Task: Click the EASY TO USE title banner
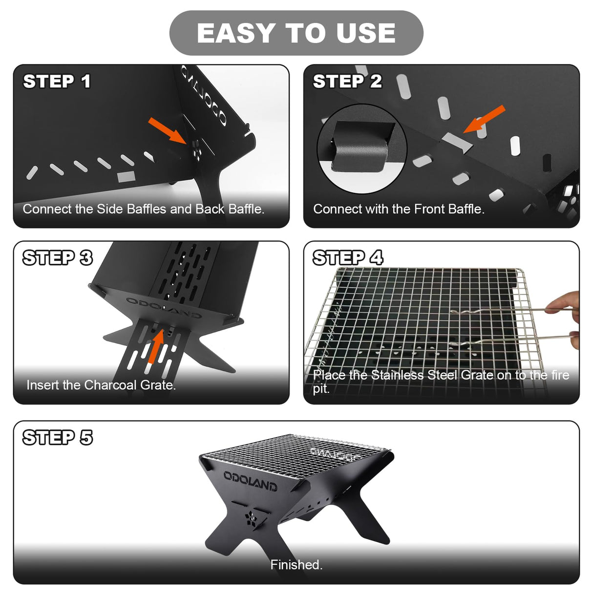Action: pos(296,33)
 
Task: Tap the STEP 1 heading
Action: pos(57,81)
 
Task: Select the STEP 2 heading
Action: pos(347,81)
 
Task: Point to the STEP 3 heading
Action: pos(58,257)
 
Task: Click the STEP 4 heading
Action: pos(348,257)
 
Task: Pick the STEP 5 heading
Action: pos(58,438)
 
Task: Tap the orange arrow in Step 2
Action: pos(484,119)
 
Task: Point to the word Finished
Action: pos(296,565)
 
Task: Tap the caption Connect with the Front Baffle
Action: pos(399,209)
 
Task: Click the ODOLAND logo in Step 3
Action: pos(164,307)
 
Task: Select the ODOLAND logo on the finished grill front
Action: pos(250,481)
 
